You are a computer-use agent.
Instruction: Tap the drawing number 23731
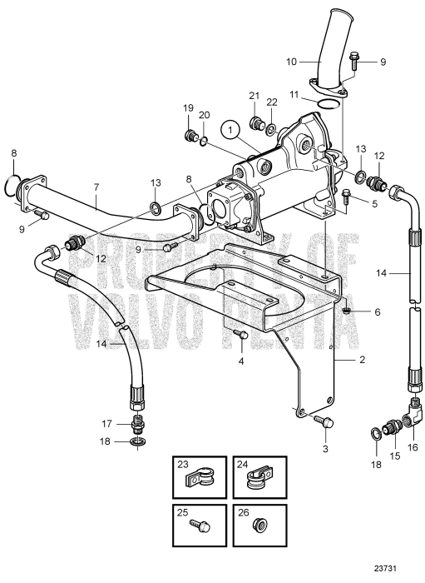pyautogui.click(x=385, y=569)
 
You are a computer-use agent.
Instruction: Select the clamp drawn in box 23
pyautogui.click(x=200, y=481)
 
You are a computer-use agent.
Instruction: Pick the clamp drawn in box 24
pyautogui.click(x=259, y=481)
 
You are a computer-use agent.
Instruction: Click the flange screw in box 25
pyautogui.click(x=200, y=526)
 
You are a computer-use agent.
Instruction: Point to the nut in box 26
pyautogui.click(x=259, y=526)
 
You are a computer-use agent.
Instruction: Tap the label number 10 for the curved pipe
pyautogui.click(x=292, y=62)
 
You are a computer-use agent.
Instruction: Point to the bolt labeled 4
pyautogui.click(x=241, y=334)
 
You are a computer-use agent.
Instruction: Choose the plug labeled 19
pyautogui.click(x=190, y=135)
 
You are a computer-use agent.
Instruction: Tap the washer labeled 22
pyautogui.click(x=271, y=128)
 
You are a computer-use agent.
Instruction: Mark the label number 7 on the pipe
pyautogui.click(x=96, y=187)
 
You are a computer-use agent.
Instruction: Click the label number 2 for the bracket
pyautogui.click(x=362, y=360)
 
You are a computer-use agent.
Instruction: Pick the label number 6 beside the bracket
pyautogui.click(x=377, y=311)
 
